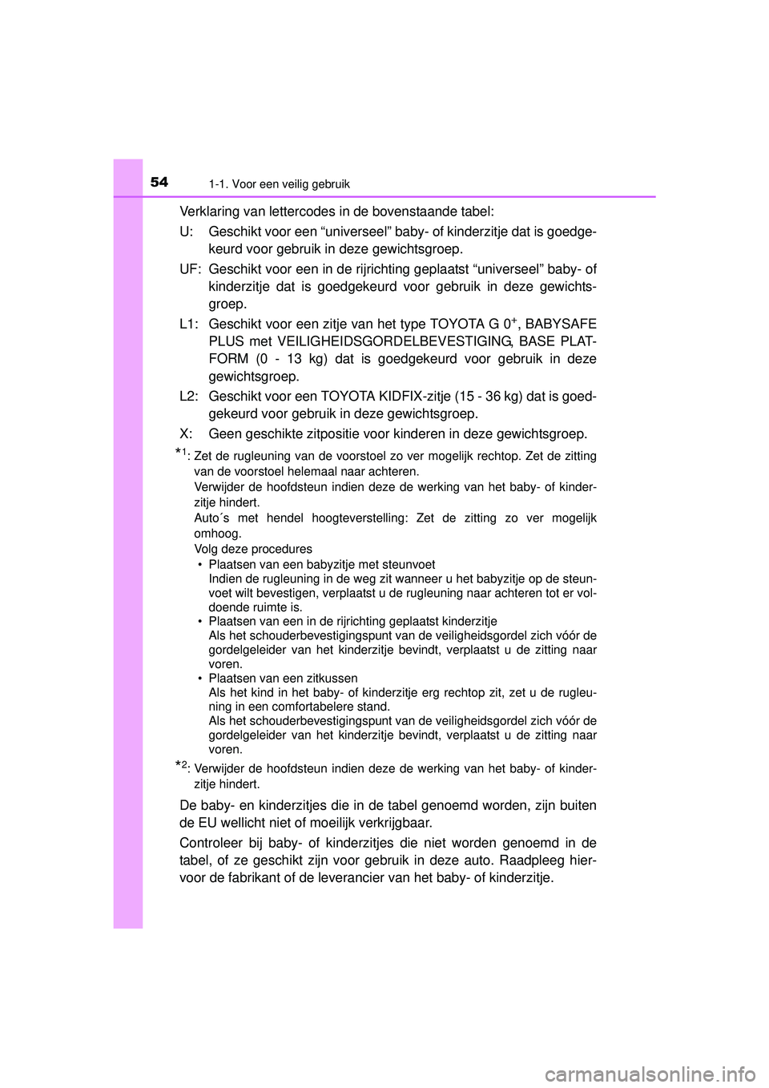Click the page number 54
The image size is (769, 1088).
[x=159, y=182]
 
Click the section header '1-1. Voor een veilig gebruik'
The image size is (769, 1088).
[x=279, y=184]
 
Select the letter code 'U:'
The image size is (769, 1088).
[x=187, y=232]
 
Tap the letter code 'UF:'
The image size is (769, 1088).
[x=190, y=269]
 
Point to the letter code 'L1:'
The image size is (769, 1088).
[x=189, y=324]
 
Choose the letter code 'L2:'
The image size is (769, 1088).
[x=189, y=397]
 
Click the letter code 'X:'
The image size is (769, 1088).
[x=187, y=434]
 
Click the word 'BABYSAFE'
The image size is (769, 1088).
[x=561, y=324]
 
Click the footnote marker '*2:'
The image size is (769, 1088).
[x=183, y=768]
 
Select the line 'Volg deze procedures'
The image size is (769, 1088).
[x=253, y=549]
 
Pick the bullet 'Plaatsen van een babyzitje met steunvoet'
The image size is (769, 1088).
[x=322, y=564]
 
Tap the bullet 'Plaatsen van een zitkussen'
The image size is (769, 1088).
[x=283, y=678]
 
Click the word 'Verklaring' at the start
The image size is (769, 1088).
[x=209, y=212]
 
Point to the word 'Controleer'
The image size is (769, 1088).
[x=211, y=843]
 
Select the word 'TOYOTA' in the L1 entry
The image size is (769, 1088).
[x=459, y=324]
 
